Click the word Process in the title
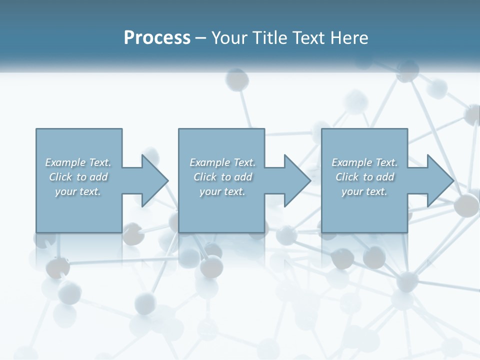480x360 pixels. point(157,38)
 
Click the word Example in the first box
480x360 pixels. point(65,162)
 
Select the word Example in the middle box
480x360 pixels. point(210,162)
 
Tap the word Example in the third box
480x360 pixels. point(352,162)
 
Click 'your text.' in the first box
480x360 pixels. point(78,191)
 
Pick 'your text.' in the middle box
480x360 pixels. point(222,191)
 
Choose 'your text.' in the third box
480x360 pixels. point(364,191)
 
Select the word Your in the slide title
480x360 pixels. point(227,38)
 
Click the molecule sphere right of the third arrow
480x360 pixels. point(466,205)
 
